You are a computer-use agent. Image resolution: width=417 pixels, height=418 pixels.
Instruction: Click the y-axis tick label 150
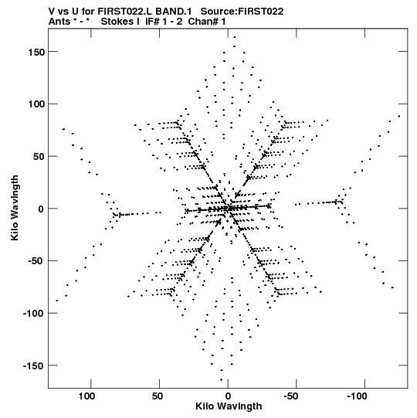click(x=36, y=52)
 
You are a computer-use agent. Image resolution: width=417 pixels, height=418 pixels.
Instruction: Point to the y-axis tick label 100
click(x=36, y=104)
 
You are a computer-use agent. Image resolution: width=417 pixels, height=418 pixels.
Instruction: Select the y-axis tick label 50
click(x=39, y=156)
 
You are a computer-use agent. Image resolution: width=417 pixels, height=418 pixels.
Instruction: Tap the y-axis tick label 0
click(x=42, y=209)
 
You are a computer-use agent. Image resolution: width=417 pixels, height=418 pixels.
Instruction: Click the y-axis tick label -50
click(x=36, y=261)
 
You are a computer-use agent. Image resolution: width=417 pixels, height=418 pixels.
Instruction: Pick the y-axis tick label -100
click(x=34, y=313)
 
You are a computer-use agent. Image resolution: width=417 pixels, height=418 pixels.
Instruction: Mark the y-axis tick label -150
click(x=34, y=365)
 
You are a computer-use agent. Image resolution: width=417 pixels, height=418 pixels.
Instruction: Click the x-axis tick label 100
click(x=86, y=396)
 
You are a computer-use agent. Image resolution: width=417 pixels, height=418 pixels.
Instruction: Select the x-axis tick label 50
click(x=158, y=396)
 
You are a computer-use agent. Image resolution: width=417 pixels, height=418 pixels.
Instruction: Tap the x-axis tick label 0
click(x=228, y=396)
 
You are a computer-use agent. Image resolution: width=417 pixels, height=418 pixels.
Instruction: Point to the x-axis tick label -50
click(x=291, y=396)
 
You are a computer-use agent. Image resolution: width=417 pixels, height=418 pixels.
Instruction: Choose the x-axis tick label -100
click(x=357, y=396)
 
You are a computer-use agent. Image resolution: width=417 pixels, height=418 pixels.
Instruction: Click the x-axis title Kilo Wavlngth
click(x=229, y=406)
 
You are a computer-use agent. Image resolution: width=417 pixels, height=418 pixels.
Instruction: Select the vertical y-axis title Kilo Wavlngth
click(x=15, y=208)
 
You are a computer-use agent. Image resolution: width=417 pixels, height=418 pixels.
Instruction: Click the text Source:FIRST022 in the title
click(x=242, y=12)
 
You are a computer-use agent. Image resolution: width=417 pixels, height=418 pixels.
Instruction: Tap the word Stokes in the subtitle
click(x=118, y=22)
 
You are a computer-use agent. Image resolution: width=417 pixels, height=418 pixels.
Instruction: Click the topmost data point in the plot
click(x=235, y=37)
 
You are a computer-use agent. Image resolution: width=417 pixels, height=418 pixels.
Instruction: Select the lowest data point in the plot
click(x=222, y=380)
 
